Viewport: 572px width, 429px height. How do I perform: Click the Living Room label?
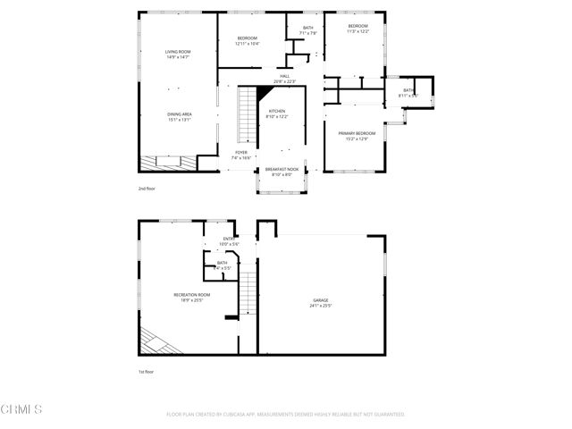point(179,53)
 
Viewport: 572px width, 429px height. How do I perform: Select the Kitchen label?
point(277,111)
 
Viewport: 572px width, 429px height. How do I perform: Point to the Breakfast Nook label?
point(282,169)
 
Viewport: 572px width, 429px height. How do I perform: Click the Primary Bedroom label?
point(357,133)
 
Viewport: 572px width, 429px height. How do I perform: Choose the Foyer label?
point(241,153)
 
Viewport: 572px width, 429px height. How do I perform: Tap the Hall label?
point(285,77)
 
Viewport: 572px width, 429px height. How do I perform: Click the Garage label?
point(320,299)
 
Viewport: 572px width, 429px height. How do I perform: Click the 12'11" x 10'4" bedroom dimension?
point(248,43)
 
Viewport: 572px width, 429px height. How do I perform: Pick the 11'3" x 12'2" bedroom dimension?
point(357,31)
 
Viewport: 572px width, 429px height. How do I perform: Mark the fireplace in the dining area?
point(167,163)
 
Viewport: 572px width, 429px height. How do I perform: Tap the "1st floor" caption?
point(147,371)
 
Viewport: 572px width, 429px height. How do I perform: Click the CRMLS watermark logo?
point(22,409)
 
